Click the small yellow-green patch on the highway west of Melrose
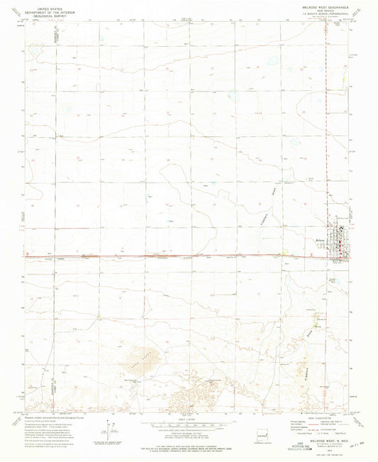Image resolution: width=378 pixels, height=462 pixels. pos(284,253)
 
